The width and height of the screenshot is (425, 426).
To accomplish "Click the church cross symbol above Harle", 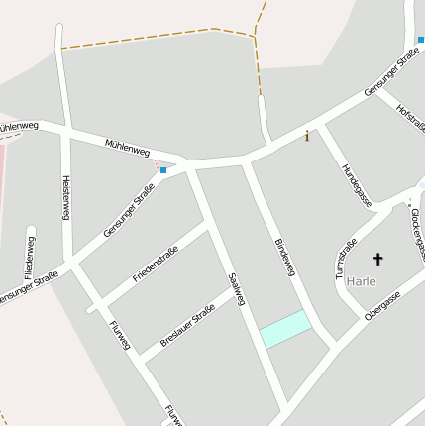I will pyautogui.click(x=376, y=260).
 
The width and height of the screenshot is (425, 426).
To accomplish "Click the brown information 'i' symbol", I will pyautogui.click(x=307, y=136).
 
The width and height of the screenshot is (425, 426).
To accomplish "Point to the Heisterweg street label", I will pyautogui.click(x=66, y=197).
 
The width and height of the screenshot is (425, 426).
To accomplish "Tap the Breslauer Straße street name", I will pyautogui.click(x=188, y=328).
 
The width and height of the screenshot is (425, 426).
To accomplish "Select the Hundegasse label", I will pyautogui.click(x=356, y=184).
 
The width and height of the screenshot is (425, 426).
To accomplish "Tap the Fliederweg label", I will pyautogui.click(x=31, y=257).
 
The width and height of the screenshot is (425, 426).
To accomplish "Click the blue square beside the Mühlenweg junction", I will pyautogui.click(x=163, y=170).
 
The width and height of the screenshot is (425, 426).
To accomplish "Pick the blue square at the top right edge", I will pyautogui.click(x=420, y=40).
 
